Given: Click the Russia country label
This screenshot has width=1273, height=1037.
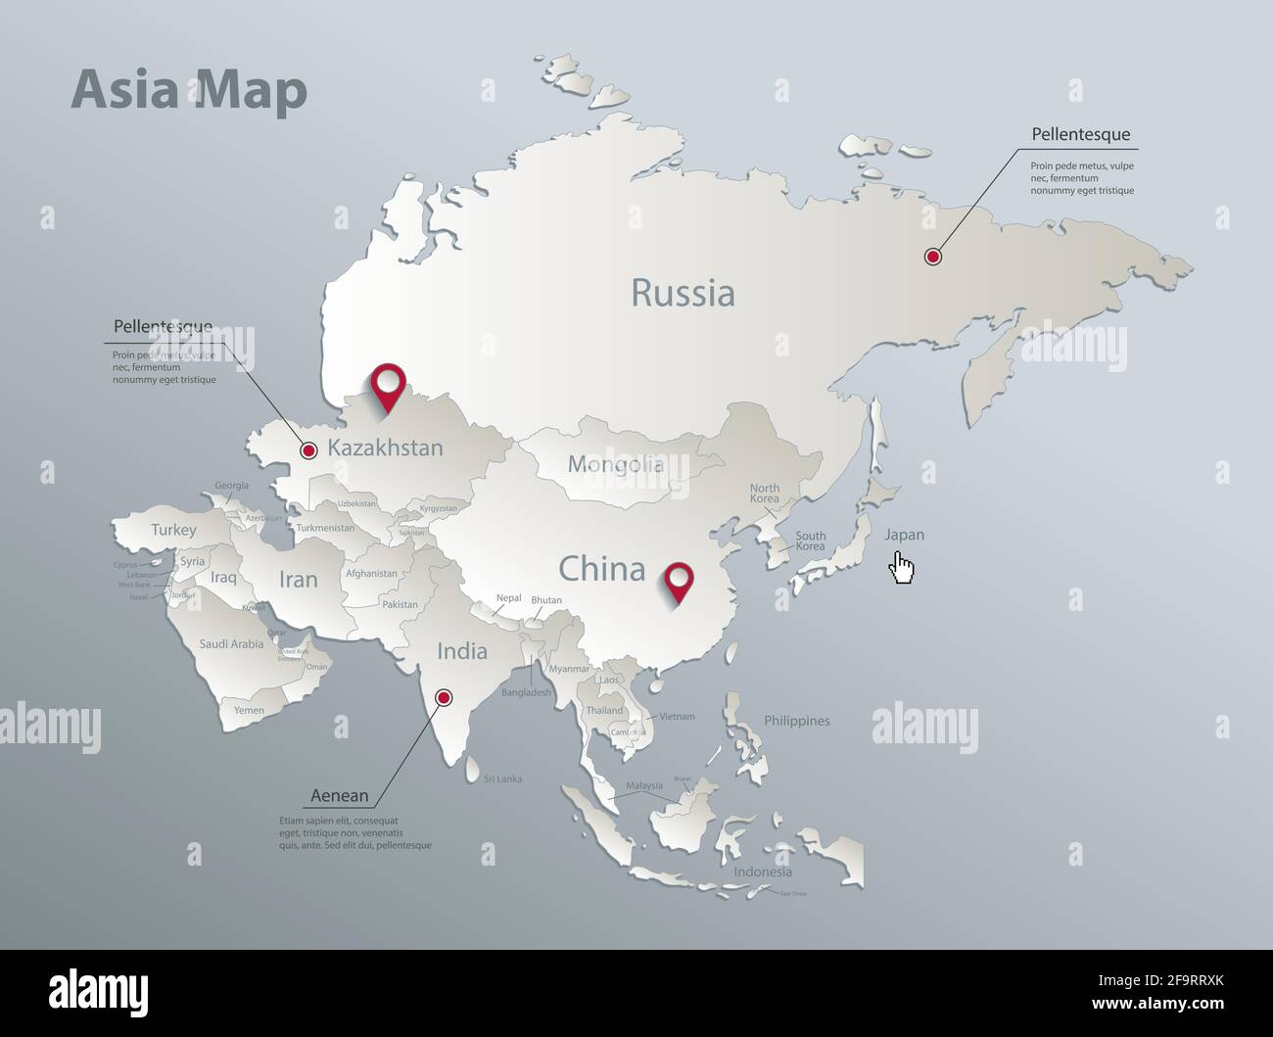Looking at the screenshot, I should click(x=683, y=293).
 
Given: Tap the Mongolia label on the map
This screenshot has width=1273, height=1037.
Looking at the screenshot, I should click(x=616, y=464).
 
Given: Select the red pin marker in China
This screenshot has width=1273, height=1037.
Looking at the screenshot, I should click(x=677, y=580).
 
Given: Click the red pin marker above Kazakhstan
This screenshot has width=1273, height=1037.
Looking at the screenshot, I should click(x=389, y=385).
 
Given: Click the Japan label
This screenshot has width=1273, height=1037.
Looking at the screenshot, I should click(x=904, y=535).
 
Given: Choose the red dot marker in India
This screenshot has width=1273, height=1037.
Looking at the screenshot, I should click(x=444, y=697).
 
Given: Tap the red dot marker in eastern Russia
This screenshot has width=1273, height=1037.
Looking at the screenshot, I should click(x=933, y=257).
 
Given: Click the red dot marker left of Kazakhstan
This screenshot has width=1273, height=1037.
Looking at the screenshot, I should click(x=308, y=450).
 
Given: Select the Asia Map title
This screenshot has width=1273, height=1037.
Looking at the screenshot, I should click(x=189, y=91).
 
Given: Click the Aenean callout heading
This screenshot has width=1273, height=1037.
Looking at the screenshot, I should click(x=340, y=796).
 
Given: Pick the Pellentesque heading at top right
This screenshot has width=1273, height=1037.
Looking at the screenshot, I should click(x=1081, y=134).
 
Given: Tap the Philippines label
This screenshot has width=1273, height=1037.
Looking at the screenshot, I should click(x=796, y=721).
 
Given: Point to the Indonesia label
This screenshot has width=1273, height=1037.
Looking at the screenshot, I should click(x=763, y=872).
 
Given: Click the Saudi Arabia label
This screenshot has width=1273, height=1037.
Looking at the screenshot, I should click(x=231, y=644).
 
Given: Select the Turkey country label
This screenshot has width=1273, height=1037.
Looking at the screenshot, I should click(x=173, y=530).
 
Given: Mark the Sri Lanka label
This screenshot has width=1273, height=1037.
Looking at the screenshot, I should click(x=502, y=779).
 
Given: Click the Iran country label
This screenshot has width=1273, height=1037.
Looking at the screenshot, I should click(x=299, y=579).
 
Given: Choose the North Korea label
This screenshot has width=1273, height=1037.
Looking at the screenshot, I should click(x=765, y=494).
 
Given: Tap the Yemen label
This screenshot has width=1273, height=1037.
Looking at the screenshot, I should click(x=249, y=711).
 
